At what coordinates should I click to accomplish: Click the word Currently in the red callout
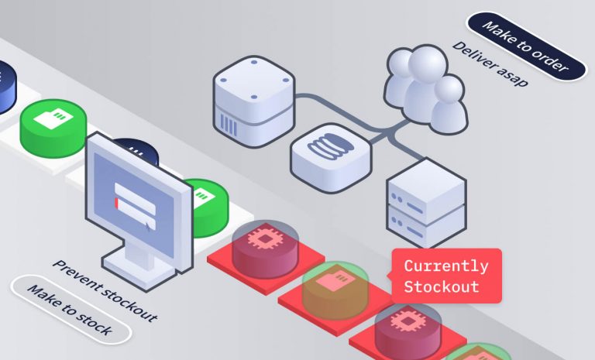coord(445,266)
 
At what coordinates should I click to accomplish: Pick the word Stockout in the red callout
coord(441,287)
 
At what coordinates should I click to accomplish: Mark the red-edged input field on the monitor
coord(135,203)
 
